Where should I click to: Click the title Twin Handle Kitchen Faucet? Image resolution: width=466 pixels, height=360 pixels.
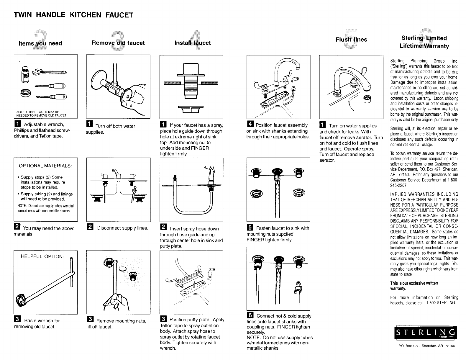click(73, 15)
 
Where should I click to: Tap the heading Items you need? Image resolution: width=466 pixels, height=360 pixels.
click(40, 43)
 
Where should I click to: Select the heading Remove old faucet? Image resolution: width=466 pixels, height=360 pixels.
click(118, 43)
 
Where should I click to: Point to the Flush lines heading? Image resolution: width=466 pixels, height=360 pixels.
click(351, 40)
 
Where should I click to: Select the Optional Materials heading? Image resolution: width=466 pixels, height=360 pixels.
click(45, 166)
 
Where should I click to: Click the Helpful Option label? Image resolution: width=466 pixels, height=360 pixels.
click(42, 256)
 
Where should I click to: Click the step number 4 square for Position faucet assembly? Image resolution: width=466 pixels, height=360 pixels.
click(251, 125)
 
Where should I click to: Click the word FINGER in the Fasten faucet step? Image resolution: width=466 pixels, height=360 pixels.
click(255, 240)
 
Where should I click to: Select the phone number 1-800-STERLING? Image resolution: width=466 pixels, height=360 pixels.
click(441, 303)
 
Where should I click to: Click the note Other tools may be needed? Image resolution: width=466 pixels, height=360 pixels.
click(41, 114)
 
